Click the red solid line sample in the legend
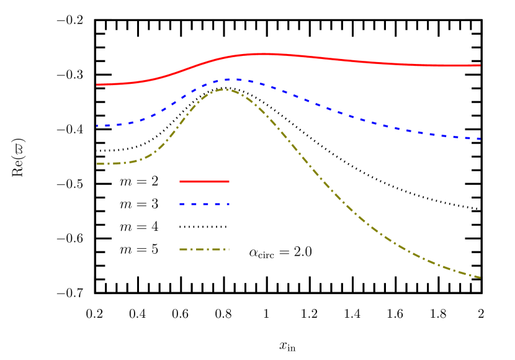click(x=204, y=181)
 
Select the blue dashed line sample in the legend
click(x=204, y=204)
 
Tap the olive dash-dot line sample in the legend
click(x=204, y=250)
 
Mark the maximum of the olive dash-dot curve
click(x=224, y=89)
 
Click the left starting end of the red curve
click(x=97, y=84)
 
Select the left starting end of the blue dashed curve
click(x=97, y=125)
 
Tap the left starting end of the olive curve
click(x=97, y=164)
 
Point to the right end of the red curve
click(x=480, y=65)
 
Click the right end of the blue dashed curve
click(x=480, y=138)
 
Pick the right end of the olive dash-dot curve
click(x=480, y=277)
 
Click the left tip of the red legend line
click(x=181, y=181)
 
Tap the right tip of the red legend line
click(x=228, y=181)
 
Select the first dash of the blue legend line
click(x=183, y=204)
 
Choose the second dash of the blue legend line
click(x=194, y=204)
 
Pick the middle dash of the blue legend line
click(x=205, y=204)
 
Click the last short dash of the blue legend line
click(x=227, y=204)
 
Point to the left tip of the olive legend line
click(x=181, y=250)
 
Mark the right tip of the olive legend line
click(x=228, y=250)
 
